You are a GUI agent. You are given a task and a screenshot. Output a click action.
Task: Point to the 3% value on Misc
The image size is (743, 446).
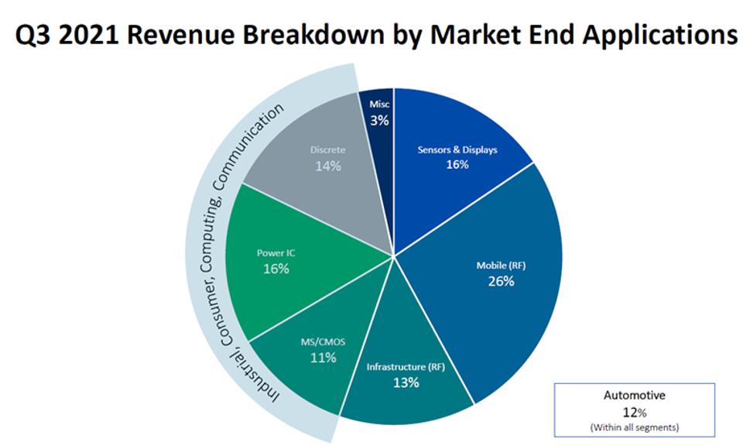coord(379,120)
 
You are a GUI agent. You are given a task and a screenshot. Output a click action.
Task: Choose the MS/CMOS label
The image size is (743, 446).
coord(323,342)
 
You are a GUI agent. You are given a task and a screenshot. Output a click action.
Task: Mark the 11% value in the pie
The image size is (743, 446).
coord(323,358)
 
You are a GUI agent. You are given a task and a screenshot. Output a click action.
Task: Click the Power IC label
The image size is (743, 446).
coord(276,252)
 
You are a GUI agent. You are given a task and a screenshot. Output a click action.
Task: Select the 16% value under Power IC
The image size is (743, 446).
coord(276,268)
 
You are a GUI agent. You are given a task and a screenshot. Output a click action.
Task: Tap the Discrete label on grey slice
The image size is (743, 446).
coord(328,149)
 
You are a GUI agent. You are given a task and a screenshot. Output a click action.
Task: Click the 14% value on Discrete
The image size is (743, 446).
coord(328,165)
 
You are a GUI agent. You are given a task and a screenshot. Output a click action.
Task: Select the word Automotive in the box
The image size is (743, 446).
coord(634,395)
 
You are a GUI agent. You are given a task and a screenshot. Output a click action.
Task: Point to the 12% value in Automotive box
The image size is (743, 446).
coord(634,410)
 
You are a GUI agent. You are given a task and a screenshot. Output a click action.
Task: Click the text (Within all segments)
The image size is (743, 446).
coord(634,426)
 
